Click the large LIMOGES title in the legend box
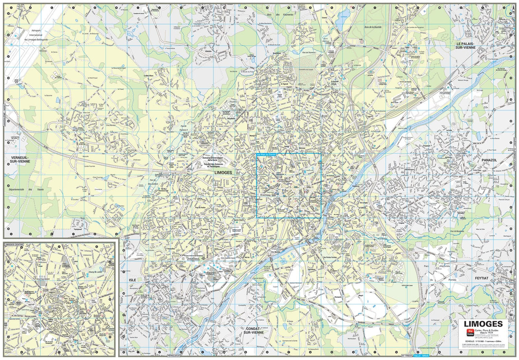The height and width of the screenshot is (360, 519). (483, 324)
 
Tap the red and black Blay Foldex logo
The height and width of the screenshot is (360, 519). (470, 332)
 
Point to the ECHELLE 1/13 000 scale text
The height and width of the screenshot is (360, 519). (483, 341)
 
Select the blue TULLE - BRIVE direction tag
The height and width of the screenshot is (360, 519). (421, 356)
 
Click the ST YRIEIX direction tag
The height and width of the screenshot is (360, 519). (407, 356)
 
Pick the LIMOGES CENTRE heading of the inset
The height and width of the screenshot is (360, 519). (14, 244)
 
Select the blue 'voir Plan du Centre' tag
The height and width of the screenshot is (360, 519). (266, 155)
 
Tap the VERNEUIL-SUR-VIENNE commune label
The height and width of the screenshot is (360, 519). (20, 159)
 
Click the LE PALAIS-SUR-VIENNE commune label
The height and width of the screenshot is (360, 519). (465, 45)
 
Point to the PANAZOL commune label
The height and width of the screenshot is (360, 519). (489, 160)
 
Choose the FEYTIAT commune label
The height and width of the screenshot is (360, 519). (481, 278)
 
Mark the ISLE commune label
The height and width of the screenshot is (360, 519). (132, 280)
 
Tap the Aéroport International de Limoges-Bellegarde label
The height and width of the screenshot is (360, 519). (36, 35)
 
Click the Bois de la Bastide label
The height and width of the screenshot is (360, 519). (373, 27)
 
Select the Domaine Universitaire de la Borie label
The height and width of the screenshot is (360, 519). (213, 159)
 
